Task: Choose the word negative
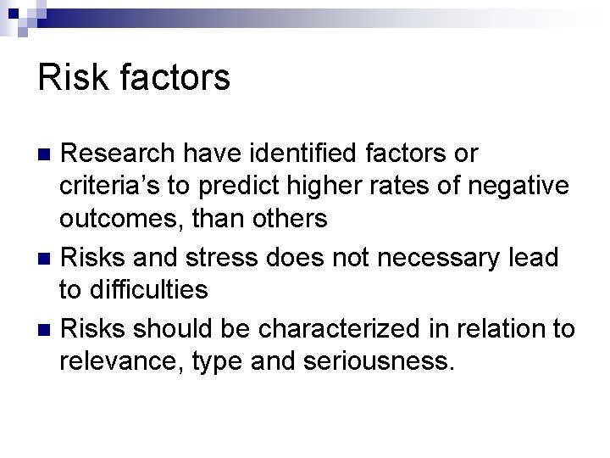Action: pyautogui.click(x=521, y=187)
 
